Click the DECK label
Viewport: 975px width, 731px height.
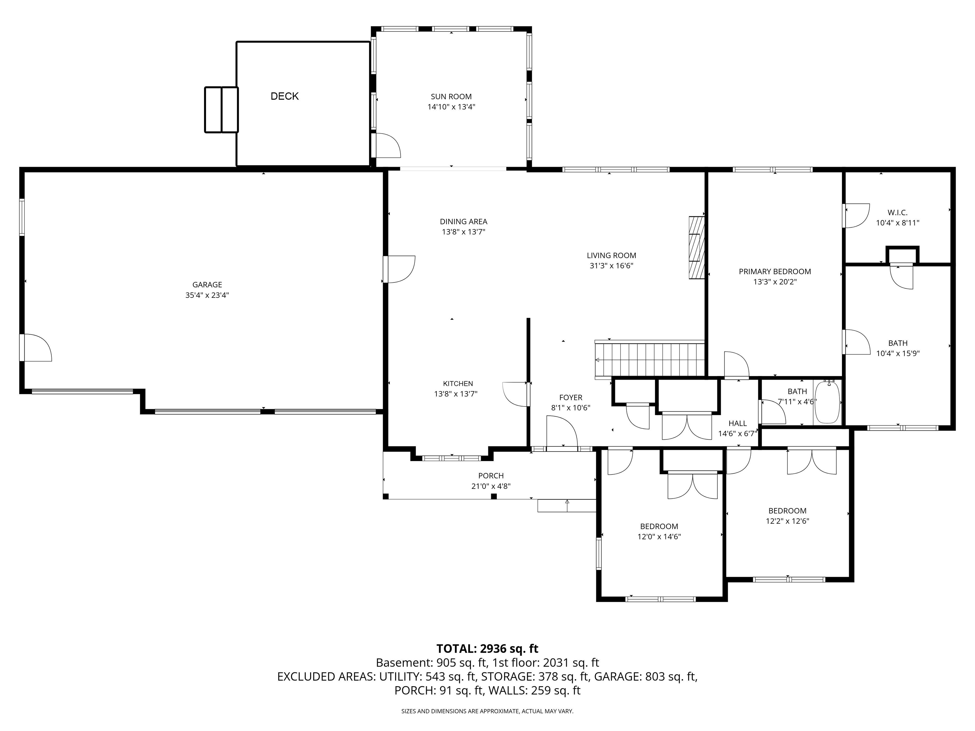[284, 96]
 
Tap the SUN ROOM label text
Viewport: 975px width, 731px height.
[451, 96]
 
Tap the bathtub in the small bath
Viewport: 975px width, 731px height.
[828, 403]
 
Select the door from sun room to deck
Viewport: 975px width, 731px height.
[385, 145]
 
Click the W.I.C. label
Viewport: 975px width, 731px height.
[898, 212]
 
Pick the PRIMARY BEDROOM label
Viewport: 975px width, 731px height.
[775, 271]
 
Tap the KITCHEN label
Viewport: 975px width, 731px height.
[458, 383]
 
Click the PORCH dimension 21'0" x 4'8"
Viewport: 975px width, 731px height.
[491, 486]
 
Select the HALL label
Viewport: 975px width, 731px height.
[737, 423]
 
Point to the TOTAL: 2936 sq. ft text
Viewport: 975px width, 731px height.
[487, 649]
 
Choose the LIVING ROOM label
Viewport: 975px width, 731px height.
[611, 255]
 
